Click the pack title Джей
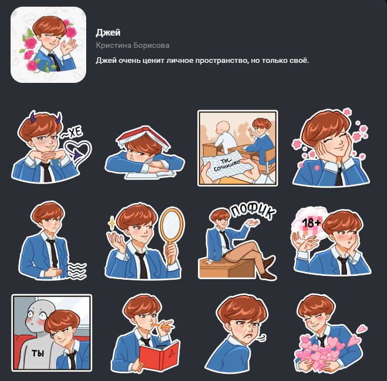point(108,33)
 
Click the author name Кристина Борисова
point(132,46)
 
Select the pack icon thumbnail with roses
point(48,44)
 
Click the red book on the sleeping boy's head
point(143,137)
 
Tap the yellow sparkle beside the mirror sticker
point(112,222)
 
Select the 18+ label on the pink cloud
point(311,223)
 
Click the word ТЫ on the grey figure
point(38,353)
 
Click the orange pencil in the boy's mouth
point(163,325)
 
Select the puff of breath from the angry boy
point(262,338)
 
